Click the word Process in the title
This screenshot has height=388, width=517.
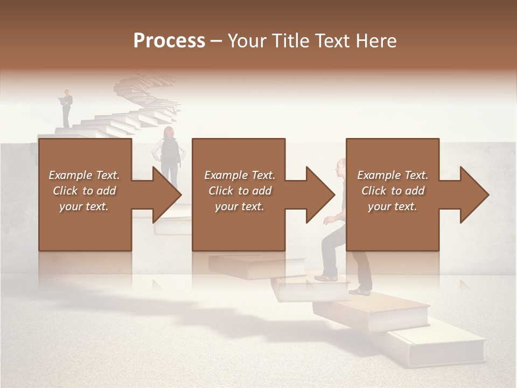tap(169, 41)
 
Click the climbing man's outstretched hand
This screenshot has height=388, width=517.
tap(327, 220)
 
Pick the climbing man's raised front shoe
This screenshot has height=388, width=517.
tap(326, 278)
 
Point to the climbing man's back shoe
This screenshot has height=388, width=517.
tap(359, 292)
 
